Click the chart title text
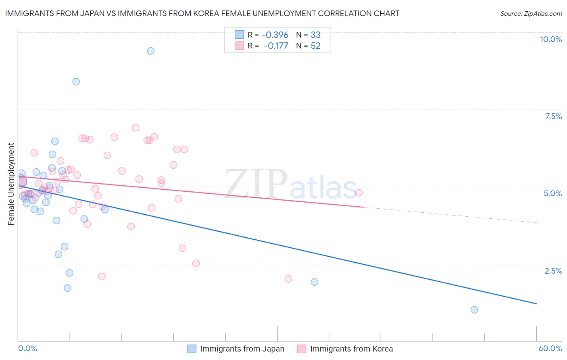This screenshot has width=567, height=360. click(x=202, y=13)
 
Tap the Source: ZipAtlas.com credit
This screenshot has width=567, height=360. click(x=531, y=13)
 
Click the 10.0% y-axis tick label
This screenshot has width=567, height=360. click(x=550, y=39)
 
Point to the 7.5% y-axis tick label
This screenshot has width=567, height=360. click(x=553, y=116)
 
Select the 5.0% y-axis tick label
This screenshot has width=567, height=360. click(x=552, y=193)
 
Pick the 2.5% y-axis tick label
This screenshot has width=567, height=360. click(x=553, y=271)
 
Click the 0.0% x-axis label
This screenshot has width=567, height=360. click(x=27, y=348)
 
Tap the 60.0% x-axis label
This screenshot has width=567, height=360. click(x=550, y=348)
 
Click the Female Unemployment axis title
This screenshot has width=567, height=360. click(x=11, y=184)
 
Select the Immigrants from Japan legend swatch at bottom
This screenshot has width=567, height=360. click(x=192, y=349)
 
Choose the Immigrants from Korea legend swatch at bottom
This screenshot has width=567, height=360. click(x=302, y=349)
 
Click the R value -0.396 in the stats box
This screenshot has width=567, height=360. click(x=275, y=35)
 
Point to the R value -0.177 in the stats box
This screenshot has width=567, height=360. click(x=276, y=46)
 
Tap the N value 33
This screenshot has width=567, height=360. click(x=315, y=35)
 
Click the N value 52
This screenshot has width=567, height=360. click(x=315, y=46)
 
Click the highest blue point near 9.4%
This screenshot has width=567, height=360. click(x=150, y=51)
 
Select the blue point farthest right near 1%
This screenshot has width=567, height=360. click(x=474, y=310)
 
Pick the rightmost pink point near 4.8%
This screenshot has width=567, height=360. click(x=359, y=193)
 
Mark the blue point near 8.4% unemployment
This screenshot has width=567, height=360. click(x=76, y=82)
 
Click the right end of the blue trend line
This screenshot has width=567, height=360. click(x=536, y=303)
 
